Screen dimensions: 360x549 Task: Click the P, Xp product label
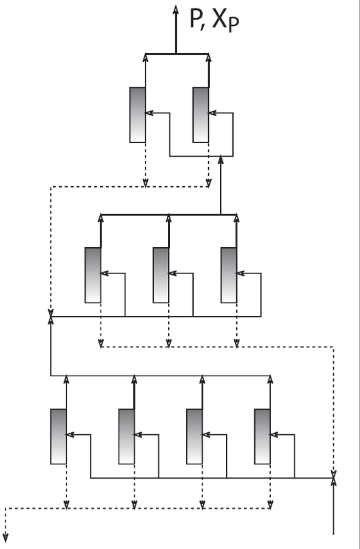point(214,20)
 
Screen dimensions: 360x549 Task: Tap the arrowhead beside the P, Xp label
point(176,9)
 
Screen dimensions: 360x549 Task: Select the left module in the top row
point(138,115)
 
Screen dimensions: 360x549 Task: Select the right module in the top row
point(201,115)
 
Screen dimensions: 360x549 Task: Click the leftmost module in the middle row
point(93,275)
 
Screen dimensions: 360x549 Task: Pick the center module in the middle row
point(161,275)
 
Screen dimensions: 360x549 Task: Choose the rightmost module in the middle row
point(229,275)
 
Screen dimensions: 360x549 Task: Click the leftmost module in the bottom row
point(58,436)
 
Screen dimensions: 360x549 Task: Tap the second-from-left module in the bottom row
point(127,436)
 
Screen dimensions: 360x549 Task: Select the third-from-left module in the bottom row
point(194,436)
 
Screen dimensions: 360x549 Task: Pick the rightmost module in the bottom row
point(263,436)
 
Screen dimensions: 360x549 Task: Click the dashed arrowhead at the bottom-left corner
point(6,538)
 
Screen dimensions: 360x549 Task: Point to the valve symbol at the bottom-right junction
point(333,478)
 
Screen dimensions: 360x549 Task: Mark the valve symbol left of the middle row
point(50,317)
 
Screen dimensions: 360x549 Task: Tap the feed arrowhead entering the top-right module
point(212,113)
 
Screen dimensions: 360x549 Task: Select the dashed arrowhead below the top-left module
point(145,183)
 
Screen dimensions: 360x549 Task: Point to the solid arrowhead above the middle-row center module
point(169,218)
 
